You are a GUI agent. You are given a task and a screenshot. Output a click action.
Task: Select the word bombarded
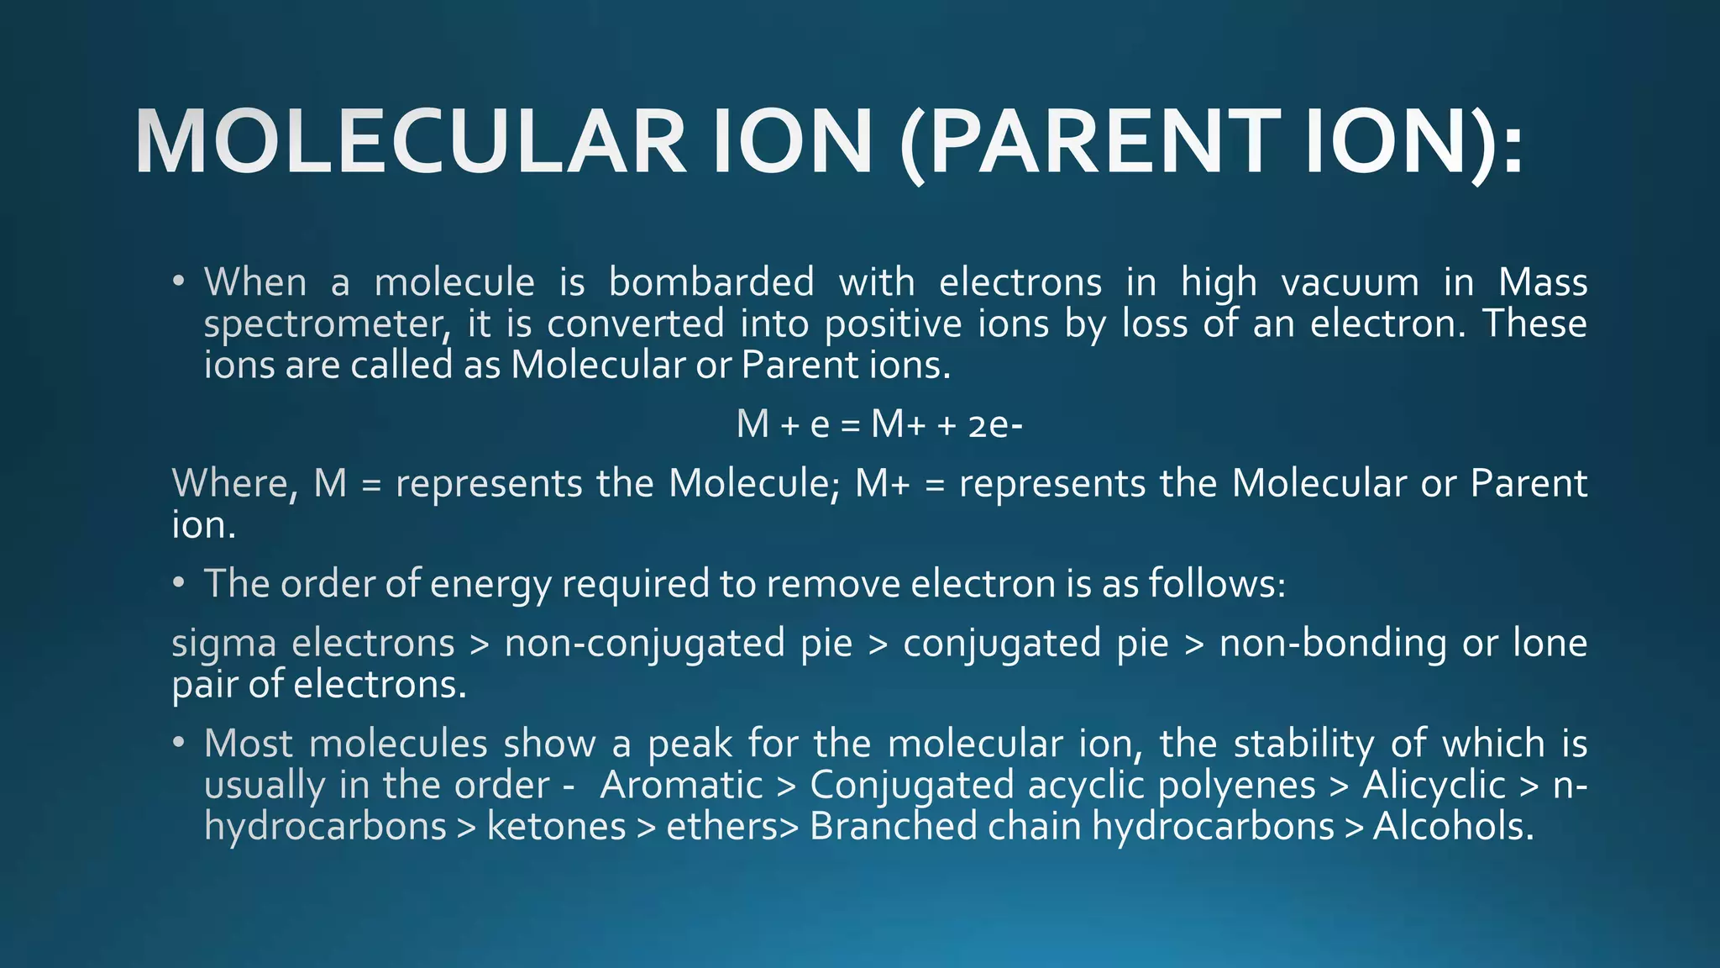[x=711, y=282]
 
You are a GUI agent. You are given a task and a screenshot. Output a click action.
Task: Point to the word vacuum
[x=1350, y=282]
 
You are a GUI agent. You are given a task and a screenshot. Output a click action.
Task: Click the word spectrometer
[x=323, y=325]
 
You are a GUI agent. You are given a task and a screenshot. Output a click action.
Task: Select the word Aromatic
[x=681, y=786]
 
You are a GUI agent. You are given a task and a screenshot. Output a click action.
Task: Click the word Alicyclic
[x=1434, y=786]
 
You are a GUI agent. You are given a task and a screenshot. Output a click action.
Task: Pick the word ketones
[x=557, y=827]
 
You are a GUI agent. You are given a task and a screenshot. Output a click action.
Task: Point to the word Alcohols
[x=1453, y=827]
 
